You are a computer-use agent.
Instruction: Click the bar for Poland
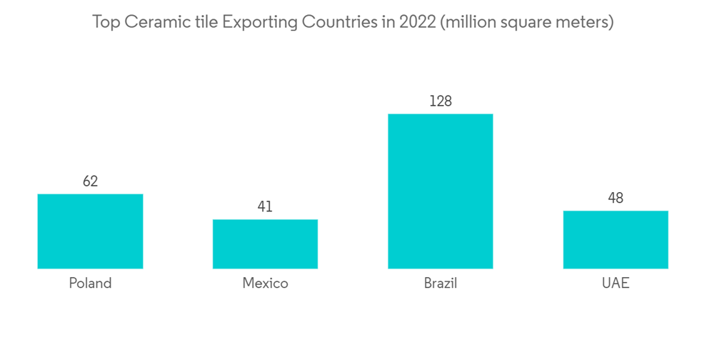click(x=90, y=231)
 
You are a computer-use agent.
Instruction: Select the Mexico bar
click(x=265, y=244)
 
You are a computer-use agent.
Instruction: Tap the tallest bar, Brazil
click(x=440, y=191)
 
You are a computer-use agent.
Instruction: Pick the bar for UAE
click(x=615, y=239)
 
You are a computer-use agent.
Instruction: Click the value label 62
click(x=90, y=181)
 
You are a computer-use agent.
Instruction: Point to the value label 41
click(x=265, y=206)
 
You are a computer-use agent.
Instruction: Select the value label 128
click(x=440, y=101)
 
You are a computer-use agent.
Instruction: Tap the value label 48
click(x=615, y=198)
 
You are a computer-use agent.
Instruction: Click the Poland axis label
click(x=90, y=284)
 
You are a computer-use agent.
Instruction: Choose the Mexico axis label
click(x=265, y=284)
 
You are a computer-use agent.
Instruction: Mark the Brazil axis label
click(x=440, y=284)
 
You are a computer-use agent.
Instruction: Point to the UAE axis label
click(x=615, y=284)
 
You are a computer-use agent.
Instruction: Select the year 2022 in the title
click(x=417, y=22)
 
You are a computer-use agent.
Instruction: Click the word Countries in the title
click(x=338, y=22)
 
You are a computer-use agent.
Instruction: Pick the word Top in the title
click(x=106, y=22)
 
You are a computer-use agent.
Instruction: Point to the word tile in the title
click(x=206, y=22)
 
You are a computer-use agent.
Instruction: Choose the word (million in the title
click(x=468, y=22)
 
